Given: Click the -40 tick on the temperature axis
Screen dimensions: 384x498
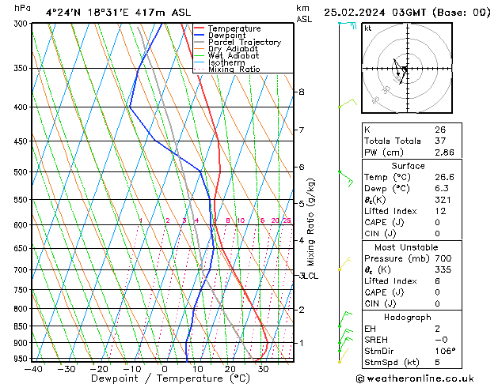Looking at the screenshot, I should click(x=33, y=369).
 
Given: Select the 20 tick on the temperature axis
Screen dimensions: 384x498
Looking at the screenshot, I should click(x=230, y=369).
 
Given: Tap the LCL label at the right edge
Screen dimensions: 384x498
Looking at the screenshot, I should click(x=310, y=276).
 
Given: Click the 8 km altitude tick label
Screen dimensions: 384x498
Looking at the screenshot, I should click(x=302, y=92).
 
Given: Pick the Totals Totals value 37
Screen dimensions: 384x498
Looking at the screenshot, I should click(x=440, y=141).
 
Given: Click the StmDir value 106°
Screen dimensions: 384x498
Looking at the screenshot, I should click(x=445, y=352).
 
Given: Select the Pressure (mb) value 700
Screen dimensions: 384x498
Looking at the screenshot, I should click(x=443, y=258).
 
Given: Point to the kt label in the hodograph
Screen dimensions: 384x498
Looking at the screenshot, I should click(x=367, y=28).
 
